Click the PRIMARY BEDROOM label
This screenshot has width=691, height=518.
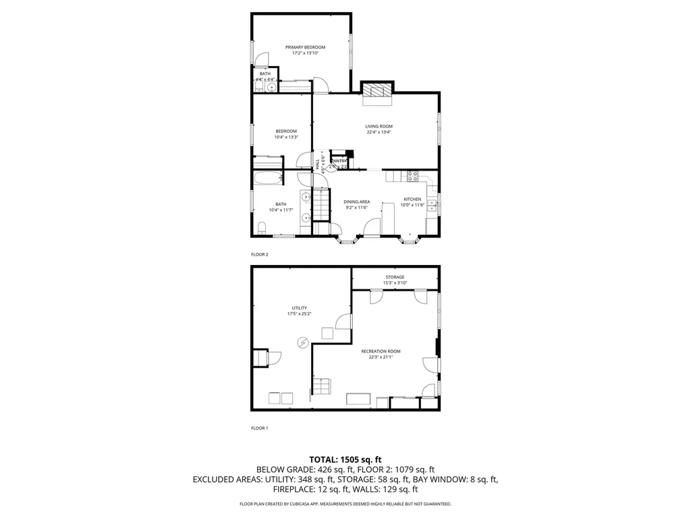(305, 47)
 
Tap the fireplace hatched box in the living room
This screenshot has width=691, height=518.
(376, 91)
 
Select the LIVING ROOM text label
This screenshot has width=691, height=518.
(379, 126)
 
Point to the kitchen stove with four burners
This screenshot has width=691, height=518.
(412, 177)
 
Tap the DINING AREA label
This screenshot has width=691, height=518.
(356, 202)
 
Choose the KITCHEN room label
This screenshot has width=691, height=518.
(412, 199)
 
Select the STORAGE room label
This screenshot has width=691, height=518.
(395, 277)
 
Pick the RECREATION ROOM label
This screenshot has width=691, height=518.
(381, 351)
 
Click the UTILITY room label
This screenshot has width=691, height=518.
(300, 308)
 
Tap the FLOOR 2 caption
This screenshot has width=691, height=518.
(260, 254)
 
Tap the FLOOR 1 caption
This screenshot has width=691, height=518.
(260, 428)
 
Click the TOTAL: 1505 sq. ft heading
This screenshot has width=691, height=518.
(345, 459)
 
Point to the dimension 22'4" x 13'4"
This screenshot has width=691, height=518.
(379, 132)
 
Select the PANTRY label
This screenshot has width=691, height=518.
(338, 161)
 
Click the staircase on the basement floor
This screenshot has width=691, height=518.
(321, 387)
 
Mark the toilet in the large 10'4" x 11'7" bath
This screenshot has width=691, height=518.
(261, 231)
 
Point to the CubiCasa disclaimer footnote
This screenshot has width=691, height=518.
(345, 504)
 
